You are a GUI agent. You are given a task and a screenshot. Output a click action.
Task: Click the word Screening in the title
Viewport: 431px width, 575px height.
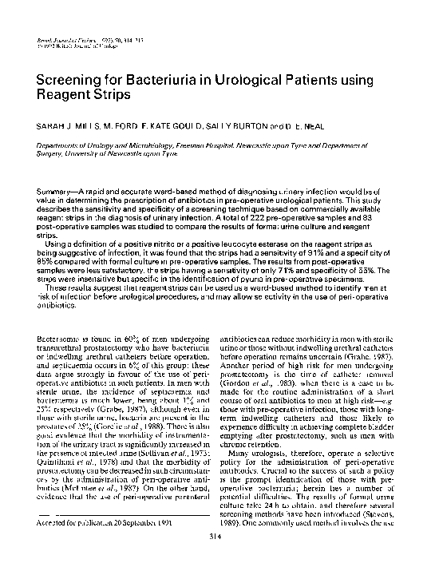(x=74, y=82)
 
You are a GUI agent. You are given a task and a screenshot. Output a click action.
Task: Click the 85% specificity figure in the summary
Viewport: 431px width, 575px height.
(x=45, y=250)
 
